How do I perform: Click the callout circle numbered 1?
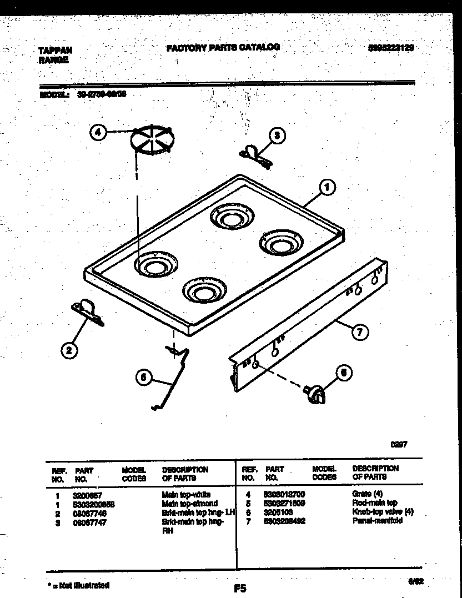pos(327,188)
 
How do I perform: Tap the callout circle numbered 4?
pos(98,133)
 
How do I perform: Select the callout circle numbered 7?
pos(359,333)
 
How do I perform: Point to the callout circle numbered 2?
pos(69,350)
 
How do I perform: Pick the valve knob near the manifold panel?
pos(314,394)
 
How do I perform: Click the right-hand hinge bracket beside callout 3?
pos(255,153)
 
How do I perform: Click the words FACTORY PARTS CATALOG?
pos(223,48)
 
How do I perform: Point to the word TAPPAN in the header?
pos(55,50)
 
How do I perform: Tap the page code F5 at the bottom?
pos(239,588)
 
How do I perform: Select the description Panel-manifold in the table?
pos(377,521)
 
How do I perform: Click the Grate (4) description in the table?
pos(368,494)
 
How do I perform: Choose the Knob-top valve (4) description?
pos(383,512)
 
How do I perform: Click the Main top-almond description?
pos(189,503)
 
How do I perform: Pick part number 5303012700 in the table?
pos(285,494)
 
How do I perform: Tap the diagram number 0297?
pos(398,444)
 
